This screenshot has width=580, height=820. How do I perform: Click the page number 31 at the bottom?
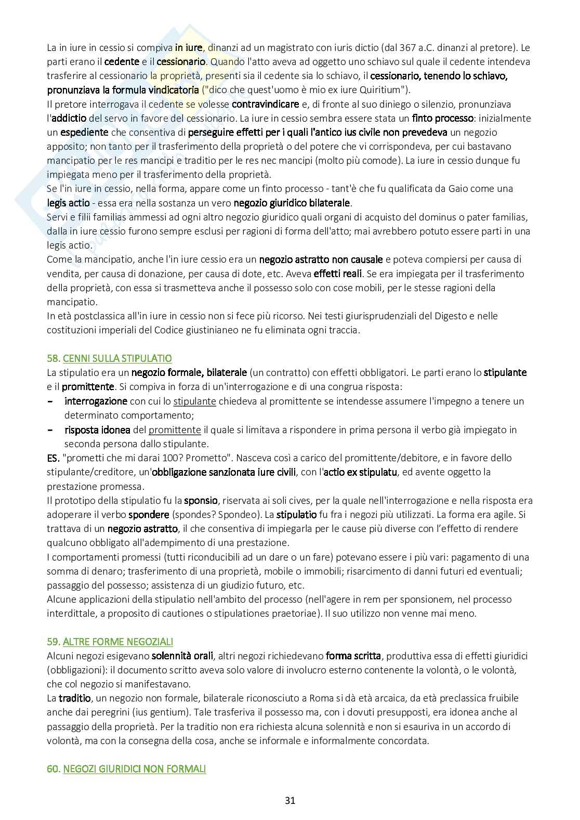coord(290,801)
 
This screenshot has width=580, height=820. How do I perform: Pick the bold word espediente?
coord(84,132)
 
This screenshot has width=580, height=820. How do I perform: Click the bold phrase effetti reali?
coord(338,274)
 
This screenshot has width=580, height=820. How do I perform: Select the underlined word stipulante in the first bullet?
coord(194,401)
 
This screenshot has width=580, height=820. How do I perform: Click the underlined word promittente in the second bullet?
coord(175,429)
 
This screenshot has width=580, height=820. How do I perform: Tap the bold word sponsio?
coord(201,500)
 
